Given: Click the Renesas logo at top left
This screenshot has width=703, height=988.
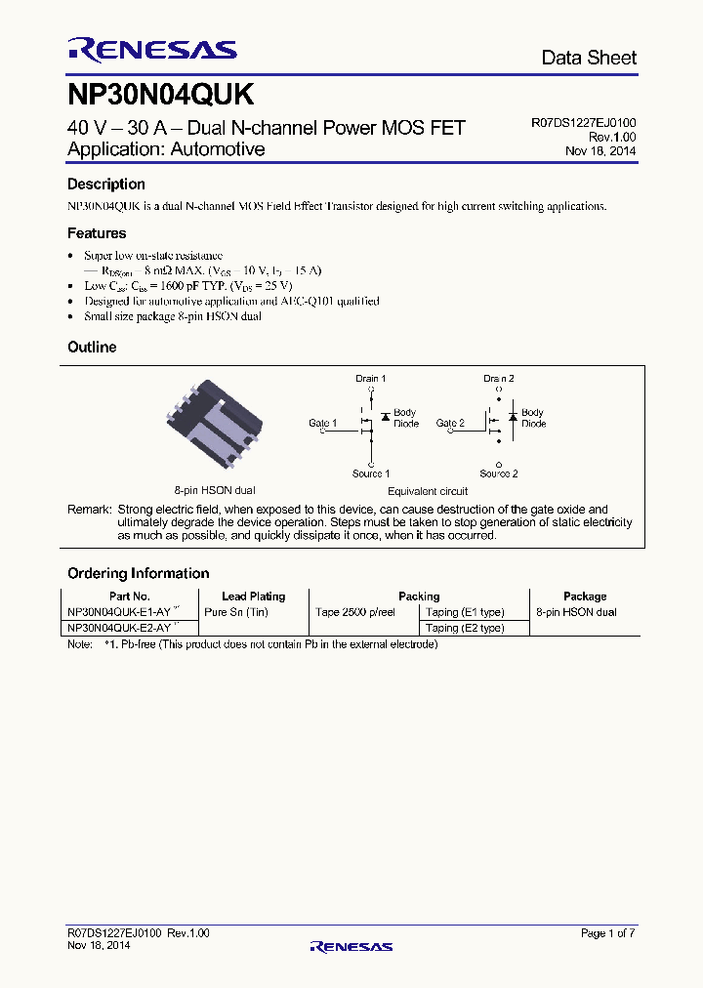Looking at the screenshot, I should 151,51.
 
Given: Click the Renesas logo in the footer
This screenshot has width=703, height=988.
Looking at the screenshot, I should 351,946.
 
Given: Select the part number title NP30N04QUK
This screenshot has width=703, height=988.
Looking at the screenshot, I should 161,95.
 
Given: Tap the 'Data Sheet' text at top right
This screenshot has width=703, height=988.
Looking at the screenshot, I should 589,58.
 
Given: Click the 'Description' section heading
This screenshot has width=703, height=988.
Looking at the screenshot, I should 105,185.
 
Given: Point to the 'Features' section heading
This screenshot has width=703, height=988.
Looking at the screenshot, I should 97,233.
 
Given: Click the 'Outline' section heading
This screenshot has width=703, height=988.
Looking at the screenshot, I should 92,348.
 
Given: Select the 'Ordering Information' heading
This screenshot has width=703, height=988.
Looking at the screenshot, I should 138,573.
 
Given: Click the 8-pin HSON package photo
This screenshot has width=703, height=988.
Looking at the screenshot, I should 213,425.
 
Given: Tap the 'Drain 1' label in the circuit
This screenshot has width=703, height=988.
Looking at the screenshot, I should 370,379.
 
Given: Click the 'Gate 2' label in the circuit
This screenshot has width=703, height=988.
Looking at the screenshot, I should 450,423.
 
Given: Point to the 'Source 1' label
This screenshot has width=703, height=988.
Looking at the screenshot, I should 371,473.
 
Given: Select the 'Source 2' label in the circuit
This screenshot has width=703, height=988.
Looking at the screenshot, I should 498,473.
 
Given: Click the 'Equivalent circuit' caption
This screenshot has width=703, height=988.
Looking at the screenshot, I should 428,491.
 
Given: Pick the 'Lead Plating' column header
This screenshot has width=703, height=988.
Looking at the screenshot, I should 253,597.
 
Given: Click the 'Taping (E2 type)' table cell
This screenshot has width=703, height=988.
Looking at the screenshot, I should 465,628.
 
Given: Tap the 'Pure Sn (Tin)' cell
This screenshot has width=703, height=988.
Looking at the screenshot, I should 235,612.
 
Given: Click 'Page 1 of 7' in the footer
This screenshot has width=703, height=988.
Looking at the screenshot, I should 607,933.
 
